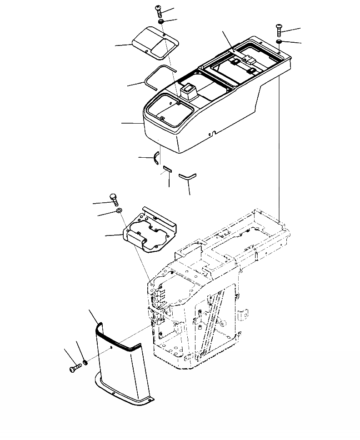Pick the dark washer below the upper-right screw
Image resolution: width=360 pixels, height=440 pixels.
click(x=279, y=42)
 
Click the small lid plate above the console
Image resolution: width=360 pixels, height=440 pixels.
click(x=155, y=43)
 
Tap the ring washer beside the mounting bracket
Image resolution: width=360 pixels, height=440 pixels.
click(x=119, y=211)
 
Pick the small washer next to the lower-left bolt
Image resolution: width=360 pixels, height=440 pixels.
click(x=85, y=363)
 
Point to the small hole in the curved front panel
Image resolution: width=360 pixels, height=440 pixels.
click(x=112, y=349)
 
